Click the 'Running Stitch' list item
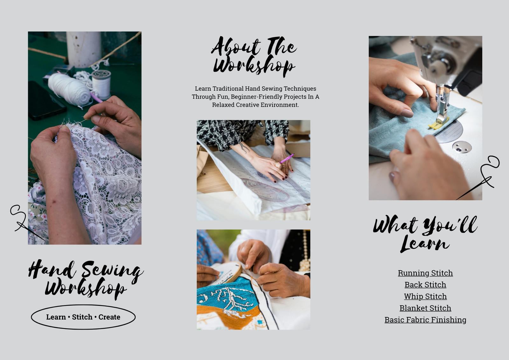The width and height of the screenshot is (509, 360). (x=425, y=273)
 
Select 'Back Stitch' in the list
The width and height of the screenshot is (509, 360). (x=425, y=285)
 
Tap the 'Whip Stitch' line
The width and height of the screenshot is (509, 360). (x=425, y=296)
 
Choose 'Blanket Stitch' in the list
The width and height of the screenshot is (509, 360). (x=425, y=308)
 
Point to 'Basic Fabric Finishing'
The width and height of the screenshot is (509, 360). (x=425, y=320)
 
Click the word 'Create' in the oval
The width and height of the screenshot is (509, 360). (x=109, y=317)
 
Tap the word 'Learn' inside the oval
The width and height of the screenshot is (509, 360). (x=56, y=317)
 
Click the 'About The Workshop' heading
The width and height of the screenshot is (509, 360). (x=254, y=56)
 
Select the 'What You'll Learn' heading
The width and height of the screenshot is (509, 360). (x=425, y=234)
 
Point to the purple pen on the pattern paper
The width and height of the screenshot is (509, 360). (x=287, y=159)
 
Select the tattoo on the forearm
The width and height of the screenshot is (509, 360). (x=245, y=148)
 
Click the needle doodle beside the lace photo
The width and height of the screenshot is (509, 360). (x=25, y=222)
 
